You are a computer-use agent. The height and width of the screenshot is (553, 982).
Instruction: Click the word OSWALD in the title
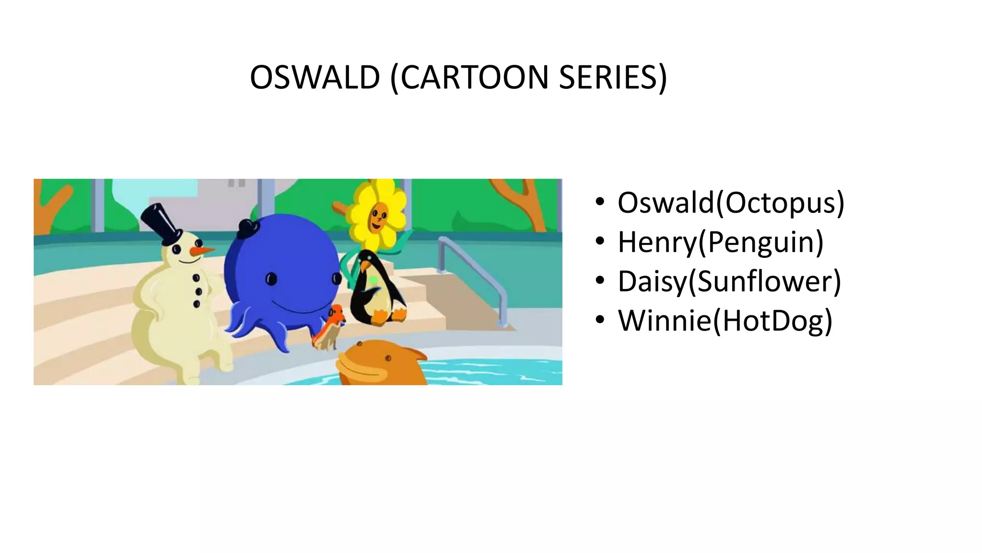(x=315, y=77)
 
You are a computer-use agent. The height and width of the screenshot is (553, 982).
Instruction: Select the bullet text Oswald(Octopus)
(x=730, y=203)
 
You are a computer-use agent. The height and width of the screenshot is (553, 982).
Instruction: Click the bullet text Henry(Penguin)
(x=720, y=242)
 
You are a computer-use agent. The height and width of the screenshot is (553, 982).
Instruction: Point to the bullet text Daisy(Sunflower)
(x=729, y=281)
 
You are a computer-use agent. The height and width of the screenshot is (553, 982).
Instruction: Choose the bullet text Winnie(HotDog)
(x=725, y=321)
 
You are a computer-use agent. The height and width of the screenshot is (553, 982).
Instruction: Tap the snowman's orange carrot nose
(x=201, y=251)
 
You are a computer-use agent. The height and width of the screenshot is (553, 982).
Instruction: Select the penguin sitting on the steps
(x=376, y=288)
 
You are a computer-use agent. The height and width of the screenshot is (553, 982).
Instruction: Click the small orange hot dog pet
(x=330, y=327)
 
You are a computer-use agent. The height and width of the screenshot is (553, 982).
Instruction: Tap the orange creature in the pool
(x=379, y=362)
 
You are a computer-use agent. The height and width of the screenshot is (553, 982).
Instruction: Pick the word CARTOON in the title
(x=474, y=77)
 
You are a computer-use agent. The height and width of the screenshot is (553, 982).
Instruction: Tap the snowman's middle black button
(x=198, y=291)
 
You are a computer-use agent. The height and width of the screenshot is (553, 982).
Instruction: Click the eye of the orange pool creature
(x=388, y=358)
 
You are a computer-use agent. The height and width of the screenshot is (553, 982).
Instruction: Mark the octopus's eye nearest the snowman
(x=271, y=279)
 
